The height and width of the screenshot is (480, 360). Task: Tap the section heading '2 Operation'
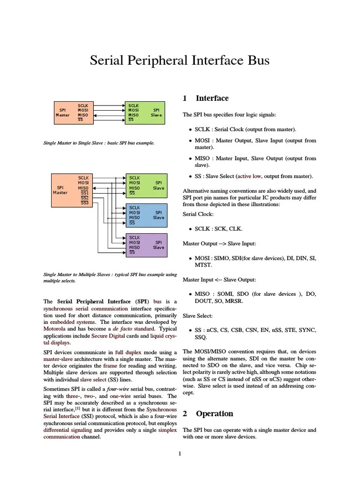tap(208, 413)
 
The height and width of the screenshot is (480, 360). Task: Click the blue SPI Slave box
tap(146, 215)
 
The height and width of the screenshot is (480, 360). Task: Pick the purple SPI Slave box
tap(146, 245)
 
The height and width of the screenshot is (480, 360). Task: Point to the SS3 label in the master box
tap(84, 202)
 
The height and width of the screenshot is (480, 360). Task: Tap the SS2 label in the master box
tap(84, 198)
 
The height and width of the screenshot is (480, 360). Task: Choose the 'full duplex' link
tap(128, 352)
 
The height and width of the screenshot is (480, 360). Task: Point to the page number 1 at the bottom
tap(180, 453)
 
